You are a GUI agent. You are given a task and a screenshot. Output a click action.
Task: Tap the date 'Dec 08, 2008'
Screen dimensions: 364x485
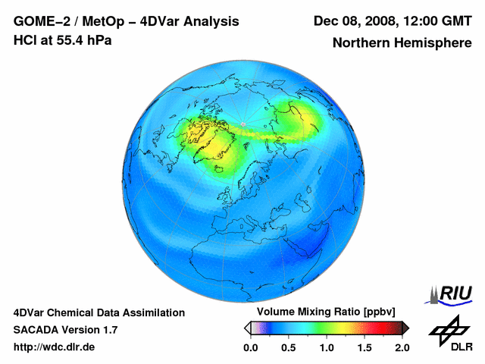coord(352,21)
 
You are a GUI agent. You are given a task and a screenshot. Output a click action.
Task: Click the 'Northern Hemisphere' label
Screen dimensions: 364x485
coord(402,43)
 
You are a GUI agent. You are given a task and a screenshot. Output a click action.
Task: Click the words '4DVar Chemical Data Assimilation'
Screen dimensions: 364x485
coord(99,312)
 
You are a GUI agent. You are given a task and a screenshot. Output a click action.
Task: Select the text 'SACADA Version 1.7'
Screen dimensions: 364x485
coord(65,330)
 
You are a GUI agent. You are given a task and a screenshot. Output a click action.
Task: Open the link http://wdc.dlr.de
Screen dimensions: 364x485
coord(55,347)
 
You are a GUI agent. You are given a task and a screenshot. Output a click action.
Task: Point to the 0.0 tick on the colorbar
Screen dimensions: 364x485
coord(251,347)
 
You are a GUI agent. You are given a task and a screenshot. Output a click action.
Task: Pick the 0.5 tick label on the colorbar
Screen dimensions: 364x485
coord(288,347)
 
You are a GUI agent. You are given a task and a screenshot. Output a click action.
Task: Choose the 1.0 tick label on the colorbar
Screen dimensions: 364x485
coord(326,347)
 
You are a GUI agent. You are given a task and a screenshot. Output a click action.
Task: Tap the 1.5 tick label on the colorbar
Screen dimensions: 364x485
coord(364,347)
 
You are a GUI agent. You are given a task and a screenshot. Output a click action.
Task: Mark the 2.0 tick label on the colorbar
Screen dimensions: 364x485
coord(402,347)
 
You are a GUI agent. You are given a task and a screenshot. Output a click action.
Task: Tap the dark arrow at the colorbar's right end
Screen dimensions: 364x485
coord(405,328)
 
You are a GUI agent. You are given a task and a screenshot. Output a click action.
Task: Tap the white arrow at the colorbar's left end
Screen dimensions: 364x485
coord(247,328)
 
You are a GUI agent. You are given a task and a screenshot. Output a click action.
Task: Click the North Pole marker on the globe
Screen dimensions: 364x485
coord(242,124)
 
